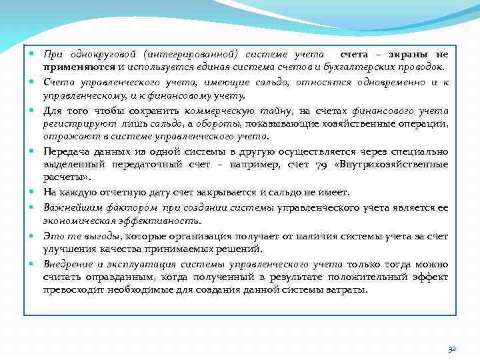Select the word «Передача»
point(65,151)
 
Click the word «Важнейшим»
point(67,207)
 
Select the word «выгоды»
point(101,235)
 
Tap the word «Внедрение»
point(68,263)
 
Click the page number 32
point(451,349)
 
